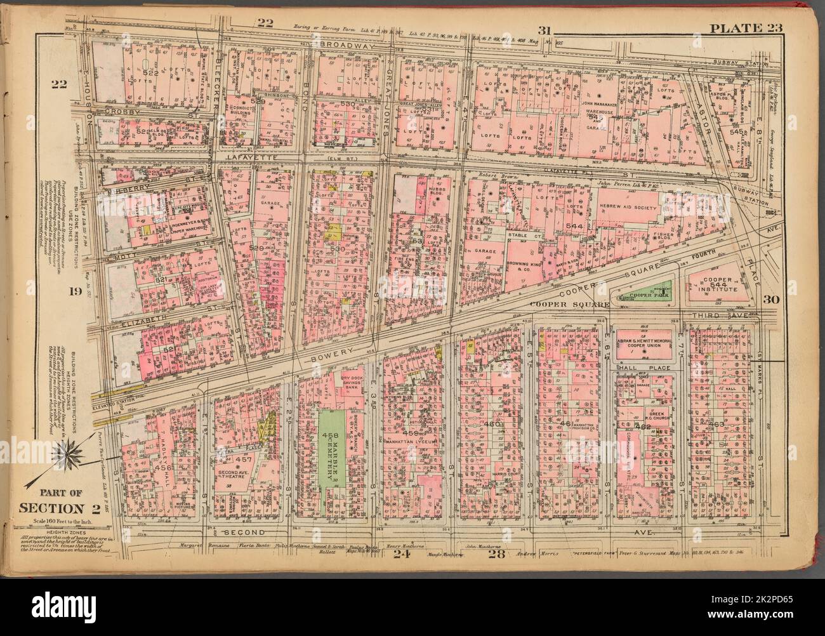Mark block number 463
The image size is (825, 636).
pos(717,423)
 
